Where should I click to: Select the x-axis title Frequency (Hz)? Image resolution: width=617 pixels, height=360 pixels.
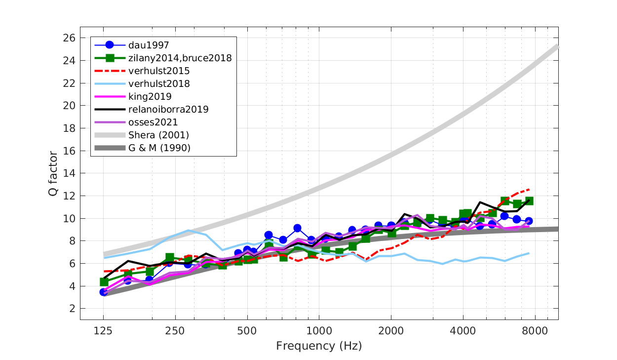319,346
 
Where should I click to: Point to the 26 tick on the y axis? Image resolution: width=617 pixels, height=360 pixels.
70,38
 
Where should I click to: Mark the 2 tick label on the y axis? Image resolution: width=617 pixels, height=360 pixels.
73,309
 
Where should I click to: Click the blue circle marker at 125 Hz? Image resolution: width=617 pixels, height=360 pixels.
104,292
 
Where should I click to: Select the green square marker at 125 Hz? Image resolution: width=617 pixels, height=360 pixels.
104,281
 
